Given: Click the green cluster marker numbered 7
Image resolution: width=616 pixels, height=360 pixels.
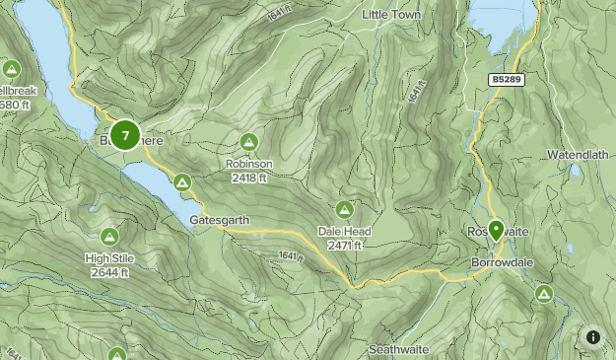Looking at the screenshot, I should pyautogui.click(x=125, y=134).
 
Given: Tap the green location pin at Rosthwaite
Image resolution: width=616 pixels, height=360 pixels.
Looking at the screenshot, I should pyautogui.click(x=496, y=230).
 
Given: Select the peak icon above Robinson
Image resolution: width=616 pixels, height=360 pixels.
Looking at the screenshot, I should pyautogui.click(x=248, y=142).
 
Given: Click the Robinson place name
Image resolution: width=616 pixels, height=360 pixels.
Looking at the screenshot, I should pyautogui.click(x=248, y=164).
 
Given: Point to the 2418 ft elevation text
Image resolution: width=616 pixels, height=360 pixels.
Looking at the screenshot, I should pyautogui.click(x=248, y=178).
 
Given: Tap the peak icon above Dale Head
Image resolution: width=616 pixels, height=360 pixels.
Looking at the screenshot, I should pyautogui.click(x=344, y=210).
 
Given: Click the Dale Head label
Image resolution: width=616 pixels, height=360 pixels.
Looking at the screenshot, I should pyautogui.click(x=344, y=232).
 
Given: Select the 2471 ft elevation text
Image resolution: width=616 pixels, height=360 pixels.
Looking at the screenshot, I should pyautogui.click(x=344, y=246).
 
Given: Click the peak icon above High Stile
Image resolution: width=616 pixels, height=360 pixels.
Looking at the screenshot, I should pyautogui.click(x=109, y=237).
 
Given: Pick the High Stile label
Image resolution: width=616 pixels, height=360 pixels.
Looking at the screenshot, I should pyautogui.click(x=109, y=258).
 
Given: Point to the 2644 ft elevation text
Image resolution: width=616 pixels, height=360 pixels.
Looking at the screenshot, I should pyautogui.click(x=109, y=272).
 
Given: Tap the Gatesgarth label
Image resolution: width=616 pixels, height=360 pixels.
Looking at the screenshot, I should pyautogui.click(x=219, y=220).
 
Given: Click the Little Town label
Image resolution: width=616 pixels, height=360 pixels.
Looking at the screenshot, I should pyautogui.click(x=391, y=15).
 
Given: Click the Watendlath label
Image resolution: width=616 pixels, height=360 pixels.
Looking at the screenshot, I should pyautogui.click(x=580, y=156).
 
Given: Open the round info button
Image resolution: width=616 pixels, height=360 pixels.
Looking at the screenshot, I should pyautogui.click(x=593, y=337).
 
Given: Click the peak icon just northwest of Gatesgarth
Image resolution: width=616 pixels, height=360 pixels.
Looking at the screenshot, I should pyautogui.click(x=182, y=182).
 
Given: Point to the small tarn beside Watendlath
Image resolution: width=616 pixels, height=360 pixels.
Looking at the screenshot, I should pyautogui.click(x=575, y=170).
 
